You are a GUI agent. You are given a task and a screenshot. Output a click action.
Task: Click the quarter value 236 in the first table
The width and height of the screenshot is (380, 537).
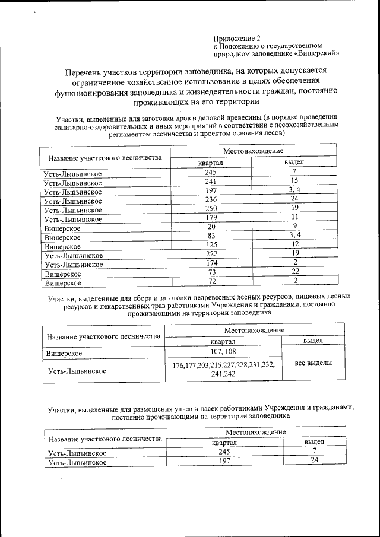[211, 200]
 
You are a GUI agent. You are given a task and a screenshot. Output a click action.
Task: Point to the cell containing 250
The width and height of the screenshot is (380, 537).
[211, 209]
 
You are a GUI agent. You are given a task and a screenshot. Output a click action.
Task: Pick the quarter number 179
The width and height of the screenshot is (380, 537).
[211, 218]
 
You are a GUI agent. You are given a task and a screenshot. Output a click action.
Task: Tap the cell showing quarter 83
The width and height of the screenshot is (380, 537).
[211, 237]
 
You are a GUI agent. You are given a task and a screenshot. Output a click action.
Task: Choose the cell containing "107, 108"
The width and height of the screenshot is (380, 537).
[223, 352]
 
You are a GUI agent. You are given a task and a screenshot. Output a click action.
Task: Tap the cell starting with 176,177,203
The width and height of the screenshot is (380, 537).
[223, 370]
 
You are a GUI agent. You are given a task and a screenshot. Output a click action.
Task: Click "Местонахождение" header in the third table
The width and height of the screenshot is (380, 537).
[256, 433]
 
